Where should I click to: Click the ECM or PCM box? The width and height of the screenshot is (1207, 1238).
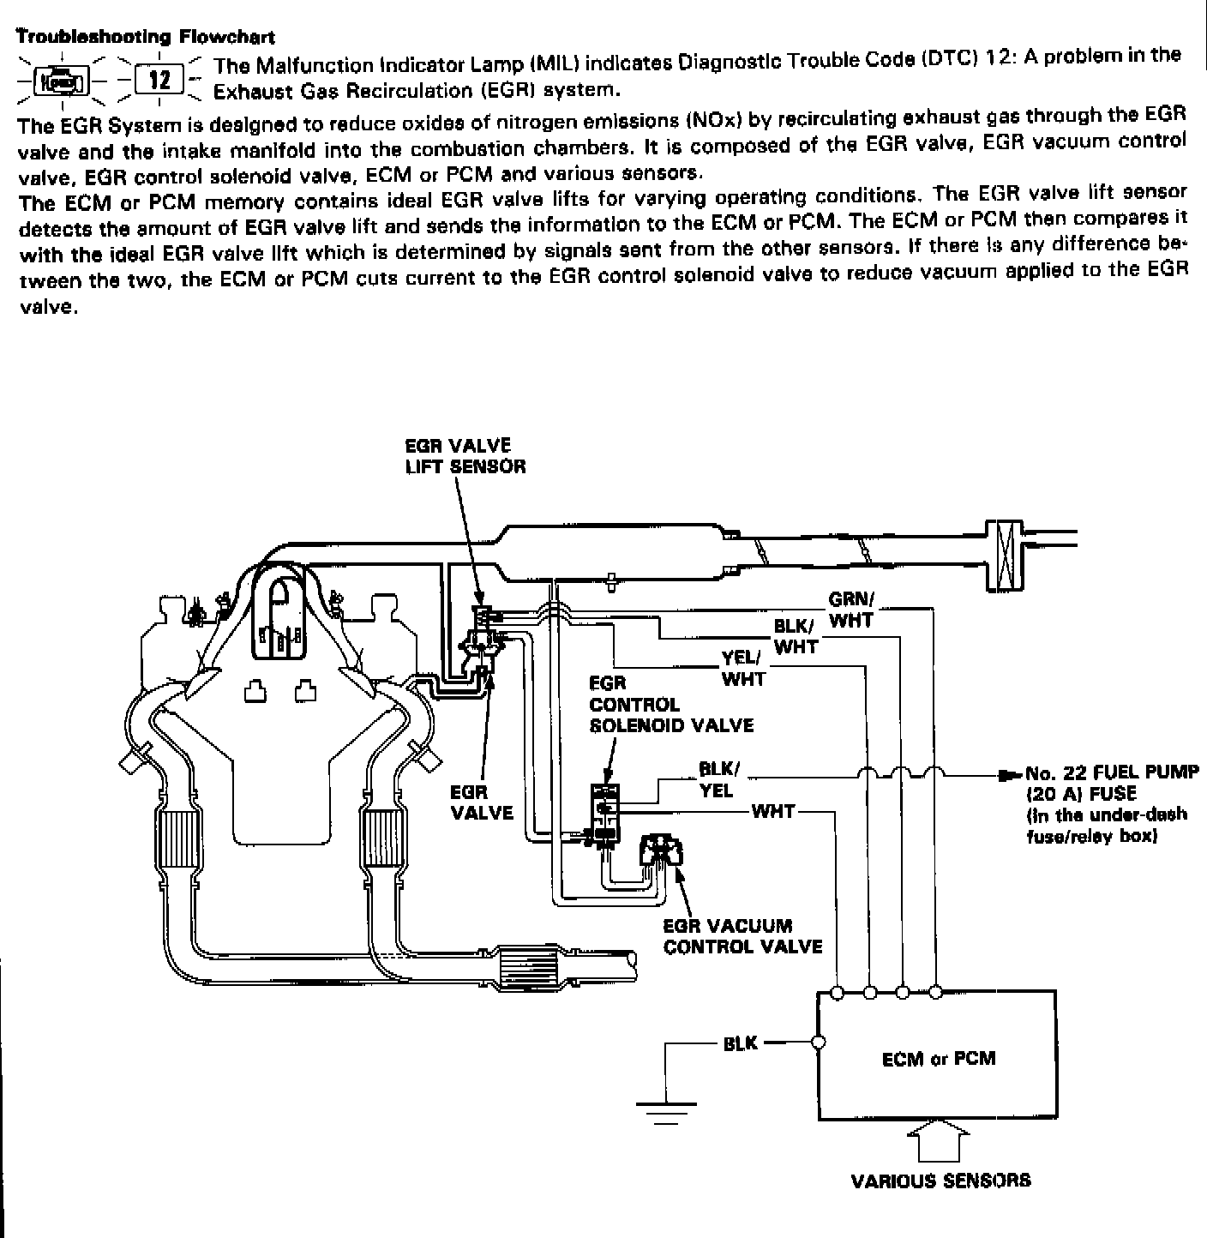(938, 1058)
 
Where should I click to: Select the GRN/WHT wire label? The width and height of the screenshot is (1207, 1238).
(850, 610)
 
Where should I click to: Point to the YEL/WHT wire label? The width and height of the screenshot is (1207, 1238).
(742, 669)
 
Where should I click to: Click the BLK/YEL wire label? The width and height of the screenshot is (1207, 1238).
(718, 779)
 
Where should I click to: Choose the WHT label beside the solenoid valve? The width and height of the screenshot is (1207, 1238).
(773, 811)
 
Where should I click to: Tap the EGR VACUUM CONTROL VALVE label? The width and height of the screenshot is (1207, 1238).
(742, 936)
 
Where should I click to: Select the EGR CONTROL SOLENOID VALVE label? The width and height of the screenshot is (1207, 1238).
(670, 705)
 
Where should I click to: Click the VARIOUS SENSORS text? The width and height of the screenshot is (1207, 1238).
(940, 1181)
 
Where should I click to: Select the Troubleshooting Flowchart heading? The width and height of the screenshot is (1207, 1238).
(146, 37)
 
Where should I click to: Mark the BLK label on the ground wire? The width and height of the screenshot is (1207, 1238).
(741, 1043)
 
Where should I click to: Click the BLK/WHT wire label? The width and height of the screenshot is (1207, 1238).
(796, 637)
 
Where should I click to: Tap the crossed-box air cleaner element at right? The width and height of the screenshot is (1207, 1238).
(1006, 555)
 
